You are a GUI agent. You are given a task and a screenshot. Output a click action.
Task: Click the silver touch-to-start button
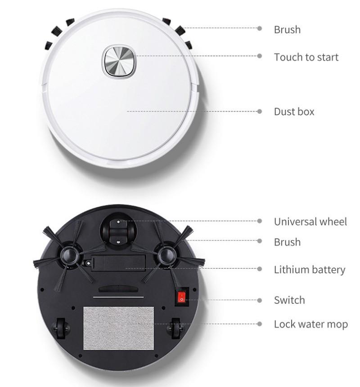pos(119,62)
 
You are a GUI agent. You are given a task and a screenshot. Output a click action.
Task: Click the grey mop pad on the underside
pos(119,328)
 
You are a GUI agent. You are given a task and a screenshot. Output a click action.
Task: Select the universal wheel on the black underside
pos(118,232)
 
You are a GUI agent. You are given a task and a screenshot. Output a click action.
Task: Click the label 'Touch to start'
pos(306,57)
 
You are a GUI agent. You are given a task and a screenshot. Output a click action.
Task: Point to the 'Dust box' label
pos(294,111)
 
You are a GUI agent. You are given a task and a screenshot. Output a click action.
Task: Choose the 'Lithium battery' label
pos(309,270)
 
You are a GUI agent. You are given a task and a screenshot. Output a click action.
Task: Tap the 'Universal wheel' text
pos(310,222)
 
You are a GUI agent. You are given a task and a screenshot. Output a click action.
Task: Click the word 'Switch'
pos(289,300)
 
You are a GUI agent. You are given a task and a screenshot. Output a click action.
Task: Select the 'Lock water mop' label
pos(311,324)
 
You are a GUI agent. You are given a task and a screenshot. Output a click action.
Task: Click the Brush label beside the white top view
pos(288,30)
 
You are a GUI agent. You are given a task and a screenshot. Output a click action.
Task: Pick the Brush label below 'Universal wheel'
pos(288,242)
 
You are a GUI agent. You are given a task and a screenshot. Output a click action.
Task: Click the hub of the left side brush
pos(69,255)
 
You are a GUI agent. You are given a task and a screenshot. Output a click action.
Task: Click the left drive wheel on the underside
pos(61,328)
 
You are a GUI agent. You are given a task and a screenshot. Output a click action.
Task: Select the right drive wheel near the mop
pos(176,328)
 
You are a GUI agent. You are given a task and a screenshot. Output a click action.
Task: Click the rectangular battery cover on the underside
pos(118,262)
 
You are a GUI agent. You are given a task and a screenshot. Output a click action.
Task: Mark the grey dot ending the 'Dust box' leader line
pos(260,111)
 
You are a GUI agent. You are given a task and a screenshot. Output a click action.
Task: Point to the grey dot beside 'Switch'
pos(260,300)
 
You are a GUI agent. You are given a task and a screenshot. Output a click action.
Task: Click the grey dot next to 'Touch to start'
pos(260,56)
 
